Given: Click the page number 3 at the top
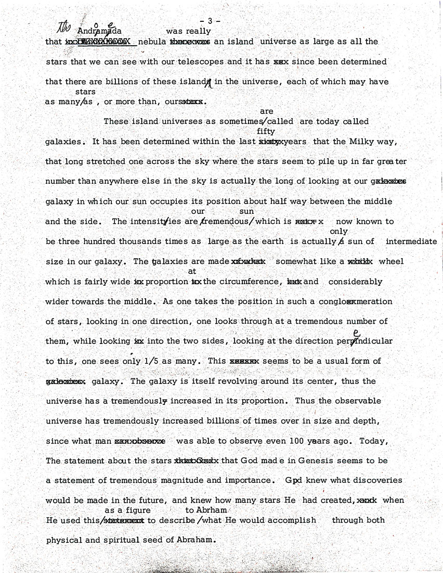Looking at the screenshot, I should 210,21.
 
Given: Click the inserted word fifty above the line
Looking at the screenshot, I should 266,132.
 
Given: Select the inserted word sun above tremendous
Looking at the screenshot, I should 246,211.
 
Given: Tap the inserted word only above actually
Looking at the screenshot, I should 338,231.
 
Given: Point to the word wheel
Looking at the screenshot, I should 391,261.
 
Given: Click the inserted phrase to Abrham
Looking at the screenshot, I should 206,510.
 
